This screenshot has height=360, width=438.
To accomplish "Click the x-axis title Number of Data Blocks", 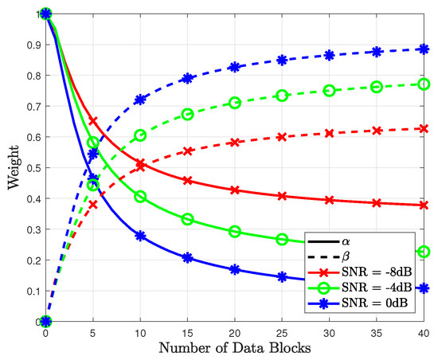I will click(234, 348).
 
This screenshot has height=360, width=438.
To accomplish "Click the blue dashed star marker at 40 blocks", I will click(424, 49).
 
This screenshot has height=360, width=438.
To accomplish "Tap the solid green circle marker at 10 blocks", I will click(140, 196).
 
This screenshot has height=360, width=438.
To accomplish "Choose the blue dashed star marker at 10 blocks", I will click(140, 100).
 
